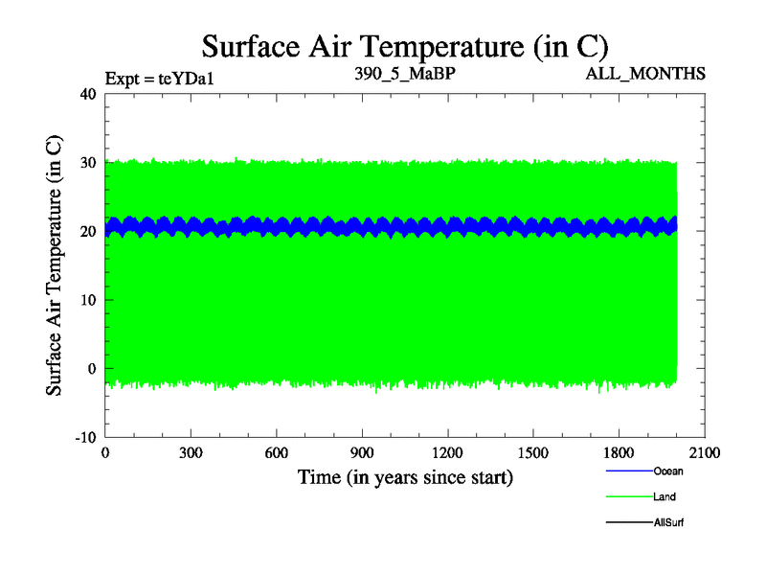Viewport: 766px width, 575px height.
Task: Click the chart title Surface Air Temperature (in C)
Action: [x=405, y=46]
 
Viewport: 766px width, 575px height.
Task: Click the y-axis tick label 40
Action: [x=88, y=94]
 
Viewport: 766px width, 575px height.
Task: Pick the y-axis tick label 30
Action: [x=88, y=163]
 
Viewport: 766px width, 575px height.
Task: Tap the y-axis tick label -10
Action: [x=85, y=437]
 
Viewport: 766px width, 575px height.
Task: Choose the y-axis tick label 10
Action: [x=88, y=300]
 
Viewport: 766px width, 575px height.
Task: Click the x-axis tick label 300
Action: [x=191, y=453]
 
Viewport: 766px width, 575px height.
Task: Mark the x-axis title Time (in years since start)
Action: [x=405, y=476]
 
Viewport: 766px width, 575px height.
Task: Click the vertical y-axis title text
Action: [x=56, y=265]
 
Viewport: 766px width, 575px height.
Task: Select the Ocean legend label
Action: [x=668, y=471]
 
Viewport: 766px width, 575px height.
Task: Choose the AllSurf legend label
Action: [x=668, y=523]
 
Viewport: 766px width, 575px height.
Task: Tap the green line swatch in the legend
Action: [x=629, y=497]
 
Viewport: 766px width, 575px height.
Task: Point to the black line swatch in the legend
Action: [x=629, y=523]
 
